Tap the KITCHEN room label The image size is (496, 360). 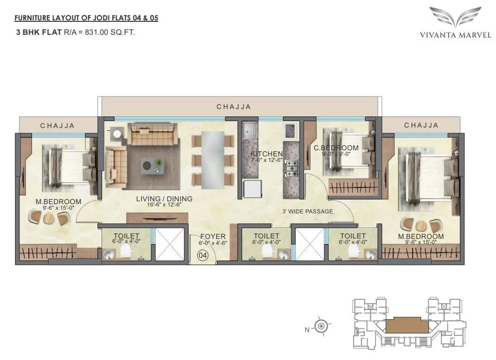click(x=266, y=154)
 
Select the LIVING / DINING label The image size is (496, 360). click(x=164, y=199)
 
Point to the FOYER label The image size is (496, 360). click(x=213, y=237)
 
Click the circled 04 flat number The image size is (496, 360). click(x=203, y=255)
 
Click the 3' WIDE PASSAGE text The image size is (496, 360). click(x=308, y=212)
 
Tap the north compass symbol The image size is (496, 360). click(x=321, y=327)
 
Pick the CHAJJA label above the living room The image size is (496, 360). click(x=234, y=107)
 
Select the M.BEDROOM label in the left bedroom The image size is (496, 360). click(x=59, y=202)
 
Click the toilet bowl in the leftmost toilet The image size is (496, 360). click(x=125, y=251)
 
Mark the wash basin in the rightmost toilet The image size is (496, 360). click(x=370, y=254)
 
